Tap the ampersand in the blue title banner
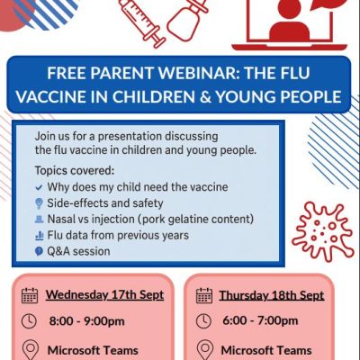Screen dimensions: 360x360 click(205, 97)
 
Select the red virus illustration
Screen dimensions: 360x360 click(323, 232)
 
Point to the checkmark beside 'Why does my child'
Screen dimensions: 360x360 click(39, 188)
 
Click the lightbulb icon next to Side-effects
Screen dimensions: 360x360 click(39, 203)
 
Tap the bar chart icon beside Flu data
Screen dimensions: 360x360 click(40, 236)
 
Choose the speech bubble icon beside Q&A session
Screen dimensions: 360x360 click(39, 251)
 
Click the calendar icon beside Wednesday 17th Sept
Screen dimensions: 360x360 click(30, 295)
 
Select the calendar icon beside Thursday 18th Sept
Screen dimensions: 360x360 click(204, 295)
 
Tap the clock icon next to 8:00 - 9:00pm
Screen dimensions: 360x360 click(29, 321)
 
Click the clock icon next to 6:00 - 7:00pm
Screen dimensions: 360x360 click(203, 320)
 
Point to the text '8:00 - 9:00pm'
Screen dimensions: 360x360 click(87, 321)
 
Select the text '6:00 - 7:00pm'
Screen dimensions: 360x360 click(260, 320)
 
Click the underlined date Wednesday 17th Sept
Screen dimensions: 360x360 click(104, 294)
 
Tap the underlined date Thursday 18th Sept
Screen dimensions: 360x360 click(272, 295)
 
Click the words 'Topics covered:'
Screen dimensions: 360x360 click(75, 171)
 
